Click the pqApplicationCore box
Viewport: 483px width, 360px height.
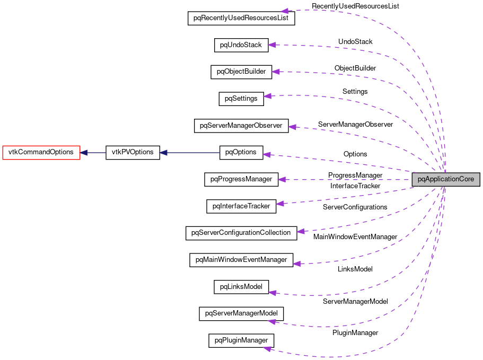pyautogui.click(x=446, y=179)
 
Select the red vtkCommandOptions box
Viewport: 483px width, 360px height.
pyautogui.click(x=41, y=152)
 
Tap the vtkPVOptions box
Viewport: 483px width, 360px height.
pyautogui.click(x=133, y=152)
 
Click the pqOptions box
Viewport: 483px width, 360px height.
pyautogui.click(x=241, y=152)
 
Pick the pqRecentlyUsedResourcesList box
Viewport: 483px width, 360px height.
pyautogui.click(x=241, y=18)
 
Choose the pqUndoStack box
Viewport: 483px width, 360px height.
pyautogui.click(x=241, y=45)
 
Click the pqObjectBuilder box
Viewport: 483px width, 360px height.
pyautogui.click(x=241, y=72)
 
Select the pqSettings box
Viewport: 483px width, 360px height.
pyautogui.click(x=241, y=99)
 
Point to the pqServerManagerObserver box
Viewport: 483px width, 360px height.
pyautogui.click(x=241, y=126)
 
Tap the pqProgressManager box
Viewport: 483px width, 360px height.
pyautogui.click(x=241, y=179)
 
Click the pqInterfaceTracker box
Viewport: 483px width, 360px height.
pyautogui.click(x=241, y=206)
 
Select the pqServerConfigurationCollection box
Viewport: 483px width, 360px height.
pyautogui.click(x=241, y=233)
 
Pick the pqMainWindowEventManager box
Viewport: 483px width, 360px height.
pyautogui.click(x=241, y=260)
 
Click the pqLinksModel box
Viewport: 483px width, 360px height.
pyautogui.click(x=241, y=287)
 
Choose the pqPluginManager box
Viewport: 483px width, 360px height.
pyautogui.click(x=241, y=340)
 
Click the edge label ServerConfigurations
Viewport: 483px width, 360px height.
pyautogui.click(x=355, y=207)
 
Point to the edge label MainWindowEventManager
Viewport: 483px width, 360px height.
pyautogui.click(x=355, y=237)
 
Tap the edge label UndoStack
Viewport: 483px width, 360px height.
pyautogui.click(x=355, y=41)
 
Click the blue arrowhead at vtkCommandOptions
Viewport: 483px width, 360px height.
pyautogui.click(x=84, y=152)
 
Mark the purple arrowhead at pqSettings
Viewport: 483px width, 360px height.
pyautogui.click(x=268, y=96)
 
